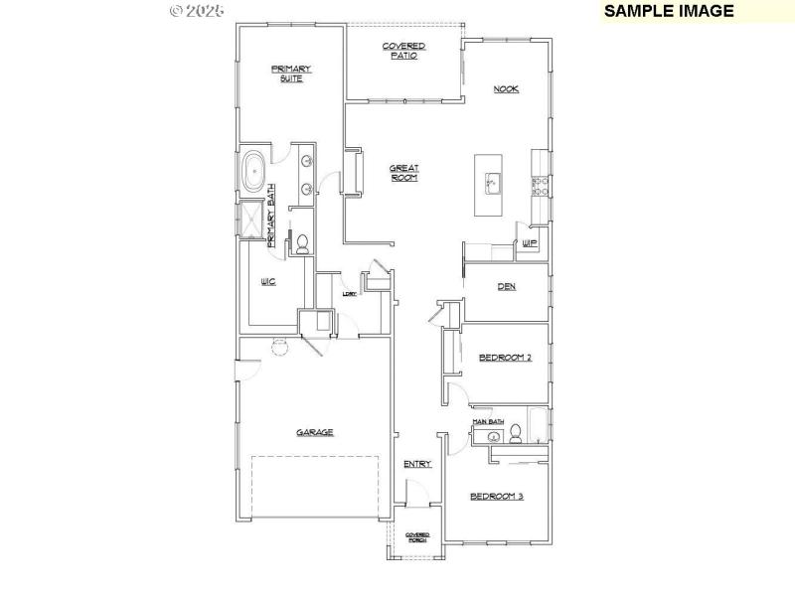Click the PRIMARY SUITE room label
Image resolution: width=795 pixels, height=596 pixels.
(x=291, y=73)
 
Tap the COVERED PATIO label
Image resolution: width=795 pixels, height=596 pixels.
(x=404, y=51)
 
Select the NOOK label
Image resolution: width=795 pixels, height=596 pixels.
(x=507, y=89)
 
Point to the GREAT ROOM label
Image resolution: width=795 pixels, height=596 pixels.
(x=403, y=173)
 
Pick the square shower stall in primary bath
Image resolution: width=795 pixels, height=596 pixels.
(x=250, y=222)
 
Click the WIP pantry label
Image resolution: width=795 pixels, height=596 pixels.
(x=530, y=242)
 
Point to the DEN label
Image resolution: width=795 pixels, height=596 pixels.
(x=506, y=288)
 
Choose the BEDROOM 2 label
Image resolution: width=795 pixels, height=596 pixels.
(x=505, y=358)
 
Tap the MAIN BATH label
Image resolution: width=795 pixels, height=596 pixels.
(x=489, y=422)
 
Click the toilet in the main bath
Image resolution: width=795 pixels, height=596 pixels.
(x=515, y=432)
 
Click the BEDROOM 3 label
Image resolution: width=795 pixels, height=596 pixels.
(x=496, y=496)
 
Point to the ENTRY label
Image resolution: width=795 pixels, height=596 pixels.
(x=416, y=464)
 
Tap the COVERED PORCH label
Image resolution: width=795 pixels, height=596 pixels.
(x=417, y=537)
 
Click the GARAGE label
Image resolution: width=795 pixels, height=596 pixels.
(x=314, y=432)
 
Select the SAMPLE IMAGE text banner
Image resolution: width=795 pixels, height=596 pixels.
(x=669, y=11)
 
